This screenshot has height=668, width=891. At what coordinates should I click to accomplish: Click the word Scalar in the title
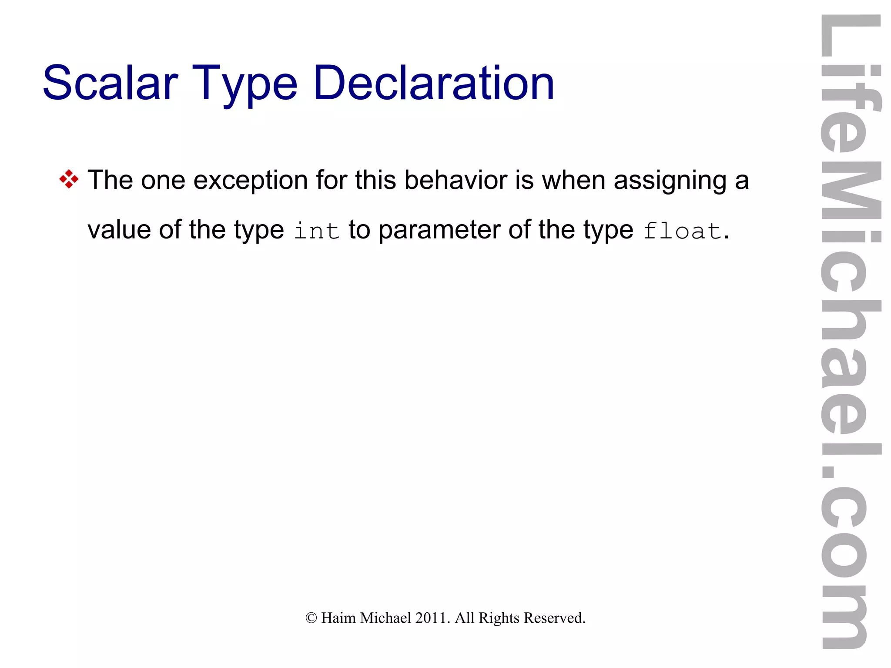[x=111, y=83]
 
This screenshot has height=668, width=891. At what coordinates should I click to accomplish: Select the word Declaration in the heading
[x=433, y=83]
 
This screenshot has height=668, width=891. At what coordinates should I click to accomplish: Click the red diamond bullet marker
[x=69, y=179]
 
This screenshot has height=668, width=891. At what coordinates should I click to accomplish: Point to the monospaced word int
[x=316, y=231]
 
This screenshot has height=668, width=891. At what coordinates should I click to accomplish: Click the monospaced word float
[x=682, y=231]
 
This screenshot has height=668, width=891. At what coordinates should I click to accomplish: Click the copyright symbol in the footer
[x=311, y=618]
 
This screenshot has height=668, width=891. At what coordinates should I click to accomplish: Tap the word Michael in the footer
[x=385, y=618]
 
